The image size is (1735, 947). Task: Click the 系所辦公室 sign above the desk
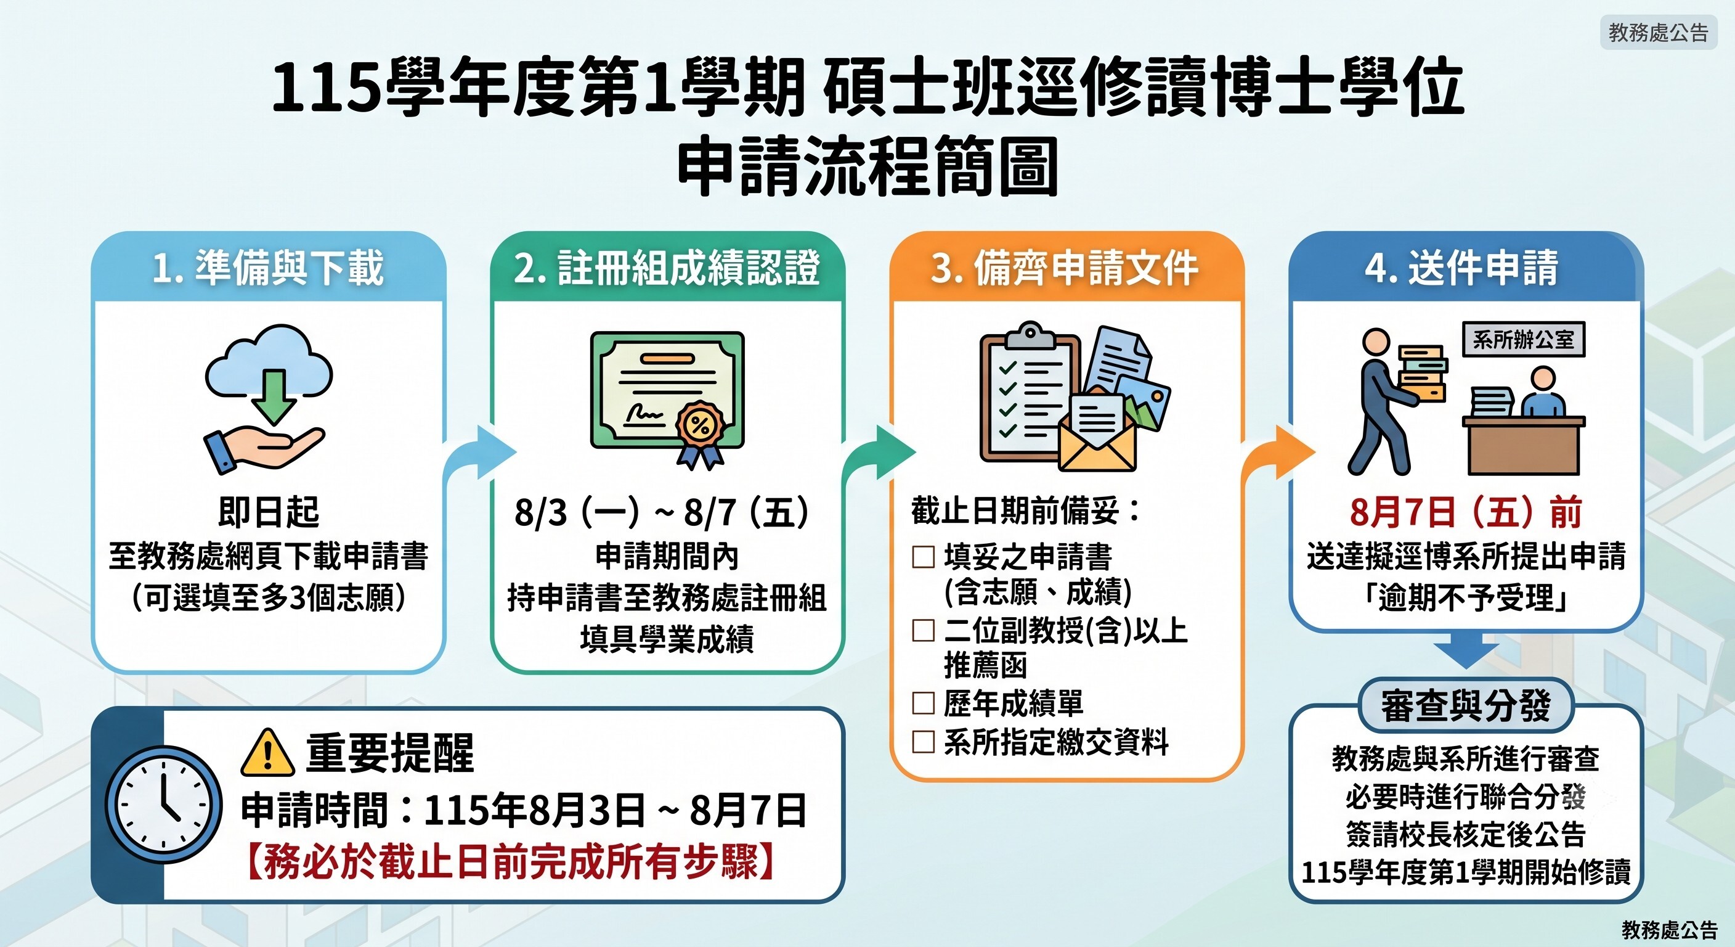[x=1524, y=339]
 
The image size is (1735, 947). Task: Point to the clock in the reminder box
[x=164, y=805]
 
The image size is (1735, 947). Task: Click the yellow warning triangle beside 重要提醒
[x=267, y=752]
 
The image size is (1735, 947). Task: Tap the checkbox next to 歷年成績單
[x=924, y=703]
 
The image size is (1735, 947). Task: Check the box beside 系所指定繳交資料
[x=924, y=742]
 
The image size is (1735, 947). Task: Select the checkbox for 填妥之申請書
[x=924, y=557]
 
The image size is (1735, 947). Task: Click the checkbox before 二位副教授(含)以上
[x=924, y=630]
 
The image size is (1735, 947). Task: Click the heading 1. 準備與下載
[x=268, y=267]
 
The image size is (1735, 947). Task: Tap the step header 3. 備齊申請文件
[x=1065, y=267]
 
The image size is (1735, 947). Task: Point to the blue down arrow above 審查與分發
[x=1466, y=652]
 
